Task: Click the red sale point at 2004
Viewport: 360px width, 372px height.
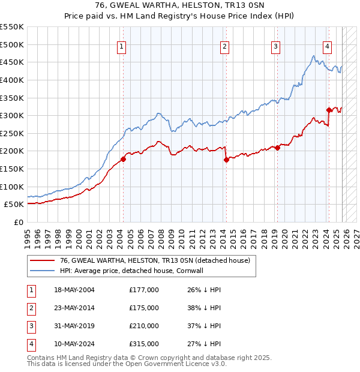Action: pos(123,159)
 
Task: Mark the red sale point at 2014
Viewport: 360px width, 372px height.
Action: pos(226,160)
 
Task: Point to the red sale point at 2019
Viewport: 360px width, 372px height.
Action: pos(277,148)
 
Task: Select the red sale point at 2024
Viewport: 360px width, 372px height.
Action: pos(328,110)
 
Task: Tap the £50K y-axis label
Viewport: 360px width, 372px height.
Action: pos(14,204)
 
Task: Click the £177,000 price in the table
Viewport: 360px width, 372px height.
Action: pos(144,290)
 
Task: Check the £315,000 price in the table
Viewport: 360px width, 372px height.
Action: pos(144,344)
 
